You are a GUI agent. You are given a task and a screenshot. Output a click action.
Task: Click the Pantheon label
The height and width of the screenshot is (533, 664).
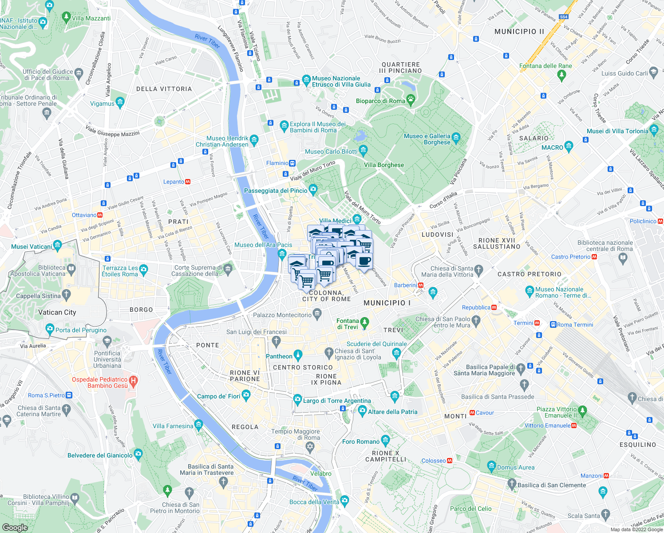pos(279,356)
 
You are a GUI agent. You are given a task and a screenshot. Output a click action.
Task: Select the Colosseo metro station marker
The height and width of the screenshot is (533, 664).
pos(450,461)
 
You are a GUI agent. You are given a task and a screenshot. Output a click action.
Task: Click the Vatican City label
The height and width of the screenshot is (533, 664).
pos(57,312)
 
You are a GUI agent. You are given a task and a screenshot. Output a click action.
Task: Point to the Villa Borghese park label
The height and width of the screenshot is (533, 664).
pos(384,165)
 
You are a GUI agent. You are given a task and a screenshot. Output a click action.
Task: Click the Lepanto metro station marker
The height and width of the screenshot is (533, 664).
pos(188,182)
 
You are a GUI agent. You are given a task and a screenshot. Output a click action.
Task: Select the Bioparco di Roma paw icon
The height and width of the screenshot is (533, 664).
pos(411,100)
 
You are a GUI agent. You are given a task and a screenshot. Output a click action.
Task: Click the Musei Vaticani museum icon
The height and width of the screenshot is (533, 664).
pos(57,246)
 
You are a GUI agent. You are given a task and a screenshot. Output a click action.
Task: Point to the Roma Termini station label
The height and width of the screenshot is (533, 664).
pos(575,325)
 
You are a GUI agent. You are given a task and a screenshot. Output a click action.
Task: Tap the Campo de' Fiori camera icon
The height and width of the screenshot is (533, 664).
pos(246,396)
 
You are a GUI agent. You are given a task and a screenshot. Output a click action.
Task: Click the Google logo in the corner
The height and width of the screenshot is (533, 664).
pos(15,527)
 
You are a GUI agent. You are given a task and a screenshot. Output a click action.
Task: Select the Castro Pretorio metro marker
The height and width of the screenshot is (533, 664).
pos(594,257)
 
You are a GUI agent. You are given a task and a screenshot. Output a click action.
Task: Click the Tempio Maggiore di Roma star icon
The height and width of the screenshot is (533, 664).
pos(310,446)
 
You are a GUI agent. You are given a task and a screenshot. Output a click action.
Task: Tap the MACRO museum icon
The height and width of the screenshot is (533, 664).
pos(569,147)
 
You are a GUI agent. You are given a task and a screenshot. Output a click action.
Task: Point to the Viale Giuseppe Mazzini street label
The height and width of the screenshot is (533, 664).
pos(113,131)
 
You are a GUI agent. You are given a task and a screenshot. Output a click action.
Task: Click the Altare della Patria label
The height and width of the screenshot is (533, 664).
pos(392,412)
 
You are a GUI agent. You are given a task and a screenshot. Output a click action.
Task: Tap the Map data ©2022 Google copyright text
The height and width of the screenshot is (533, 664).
pos(636,529)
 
